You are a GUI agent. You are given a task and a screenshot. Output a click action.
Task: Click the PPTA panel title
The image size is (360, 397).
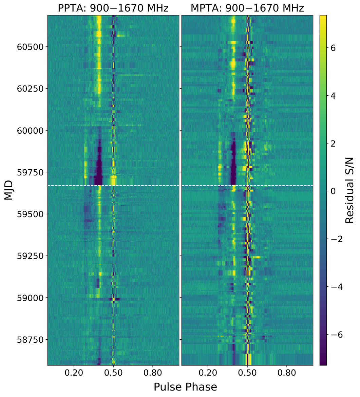[113, 8]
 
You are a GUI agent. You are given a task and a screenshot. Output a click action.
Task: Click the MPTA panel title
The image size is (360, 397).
[247, 8]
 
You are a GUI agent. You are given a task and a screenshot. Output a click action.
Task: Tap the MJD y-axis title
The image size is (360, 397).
[8, 190]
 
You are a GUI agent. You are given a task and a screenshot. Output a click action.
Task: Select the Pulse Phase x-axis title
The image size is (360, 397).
[185, 387]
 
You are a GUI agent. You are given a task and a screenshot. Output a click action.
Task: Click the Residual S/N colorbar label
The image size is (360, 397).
[349, 190]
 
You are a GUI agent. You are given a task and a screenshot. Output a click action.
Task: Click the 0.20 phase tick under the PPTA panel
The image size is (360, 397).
[74, 373]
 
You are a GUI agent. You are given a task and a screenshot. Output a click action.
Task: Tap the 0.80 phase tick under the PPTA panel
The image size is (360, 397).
[153, 373]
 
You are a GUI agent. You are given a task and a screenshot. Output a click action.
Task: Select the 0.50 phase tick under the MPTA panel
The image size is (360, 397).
[247, 373]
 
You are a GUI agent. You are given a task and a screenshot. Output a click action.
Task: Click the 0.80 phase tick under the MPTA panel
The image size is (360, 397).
[287, 373]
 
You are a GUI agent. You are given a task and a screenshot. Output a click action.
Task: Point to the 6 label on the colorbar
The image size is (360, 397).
[333, 48]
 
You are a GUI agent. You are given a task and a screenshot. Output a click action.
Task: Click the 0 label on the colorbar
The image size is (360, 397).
[333, 191]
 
